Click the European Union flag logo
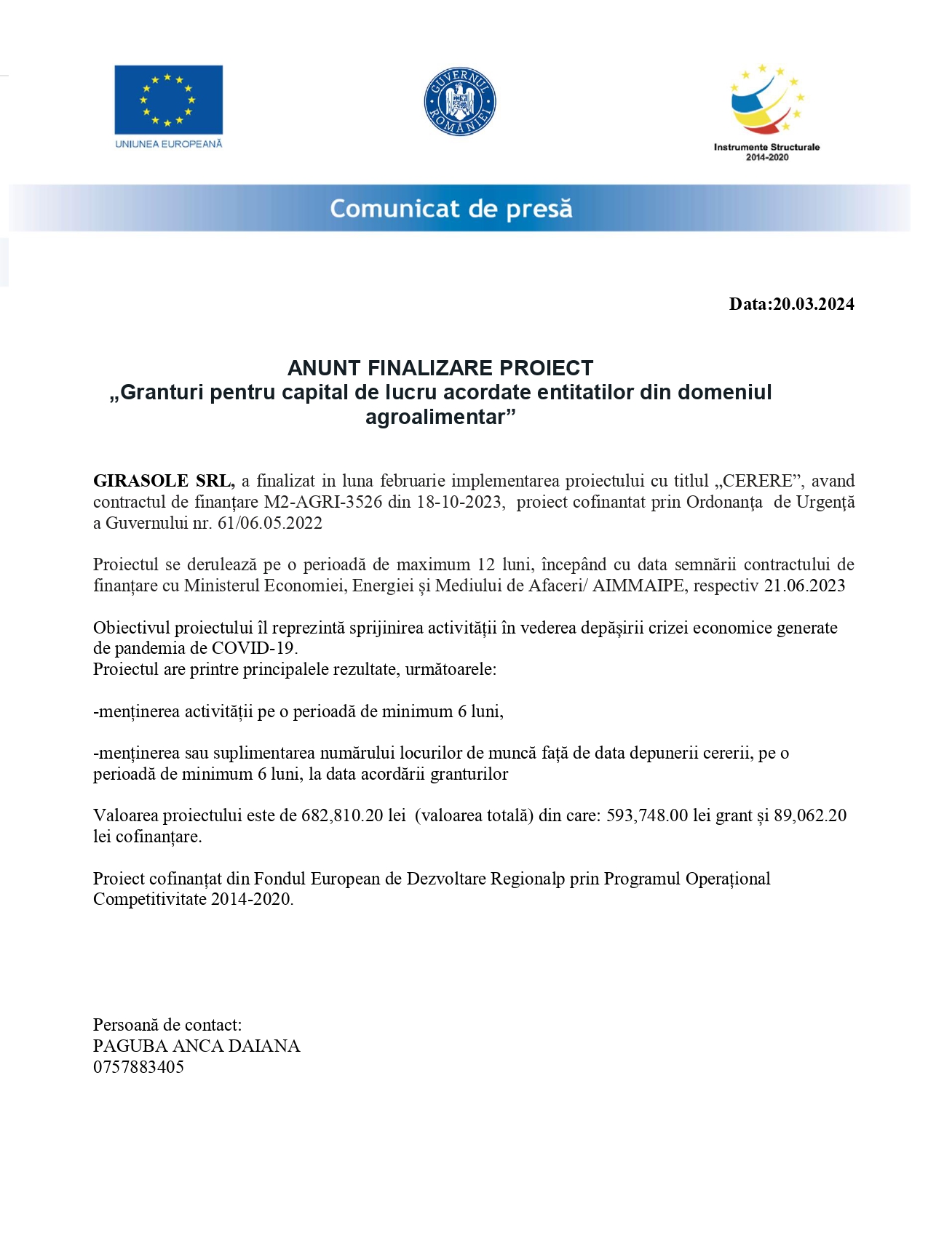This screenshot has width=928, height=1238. pyautogui.click(x=168, y=100)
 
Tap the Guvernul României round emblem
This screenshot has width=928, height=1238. pyautogui.click(x=460, y=103)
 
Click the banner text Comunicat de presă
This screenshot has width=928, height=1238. pyautogui.click(x=451, y=209)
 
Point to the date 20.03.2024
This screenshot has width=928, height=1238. pyautogui.click(x=813, y=304)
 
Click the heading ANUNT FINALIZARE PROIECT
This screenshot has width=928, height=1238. pyautogui.click(x=440, y=368)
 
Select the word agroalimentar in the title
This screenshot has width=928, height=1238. pyautogui.click(x=440, y=418)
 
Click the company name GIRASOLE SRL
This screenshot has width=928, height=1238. pyautogui.click(x=163, y=481)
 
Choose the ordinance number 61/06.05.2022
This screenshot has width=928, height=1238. pyautogui.click(x=269, y=523)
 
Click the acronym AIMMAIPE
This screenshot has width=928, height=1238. pyautogui.click(x=638, y=586)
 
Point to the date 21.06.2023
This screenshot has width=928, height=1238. pyautogui.click(x=804, y=586)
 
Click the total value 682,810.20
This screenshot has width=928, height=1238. pyautogui.click(x=342, y=815)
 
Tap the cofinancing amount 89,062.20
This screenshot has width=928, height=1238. pyautogui.click(x=809, y=815)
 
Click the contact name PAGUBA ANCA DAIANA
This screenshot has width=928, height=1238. pyautogui.click(x=197, y=1046)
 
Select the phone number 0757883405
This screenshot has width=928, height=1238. pyautogui.click(x=138, y=1067)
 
